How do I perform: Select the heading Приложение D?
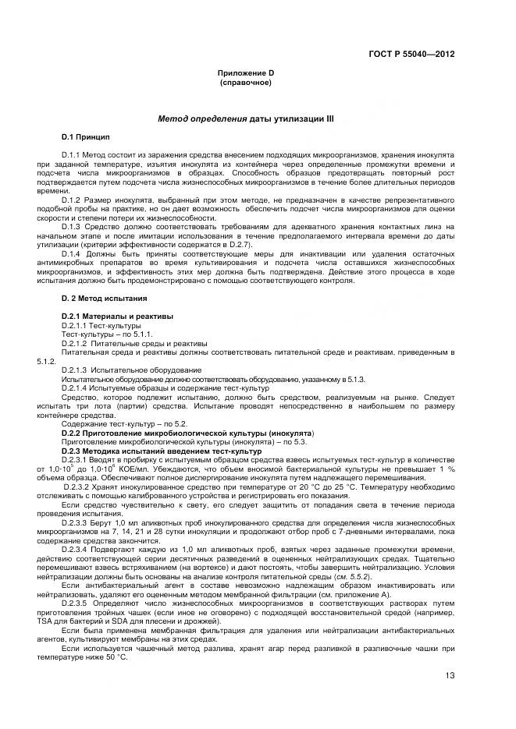point(245,73)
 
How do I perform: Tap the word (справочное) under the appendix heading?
point(245,82)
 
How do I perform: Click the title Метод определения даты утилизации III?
point(245,119)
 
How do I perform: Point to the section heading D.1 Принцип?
point(86,136)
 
